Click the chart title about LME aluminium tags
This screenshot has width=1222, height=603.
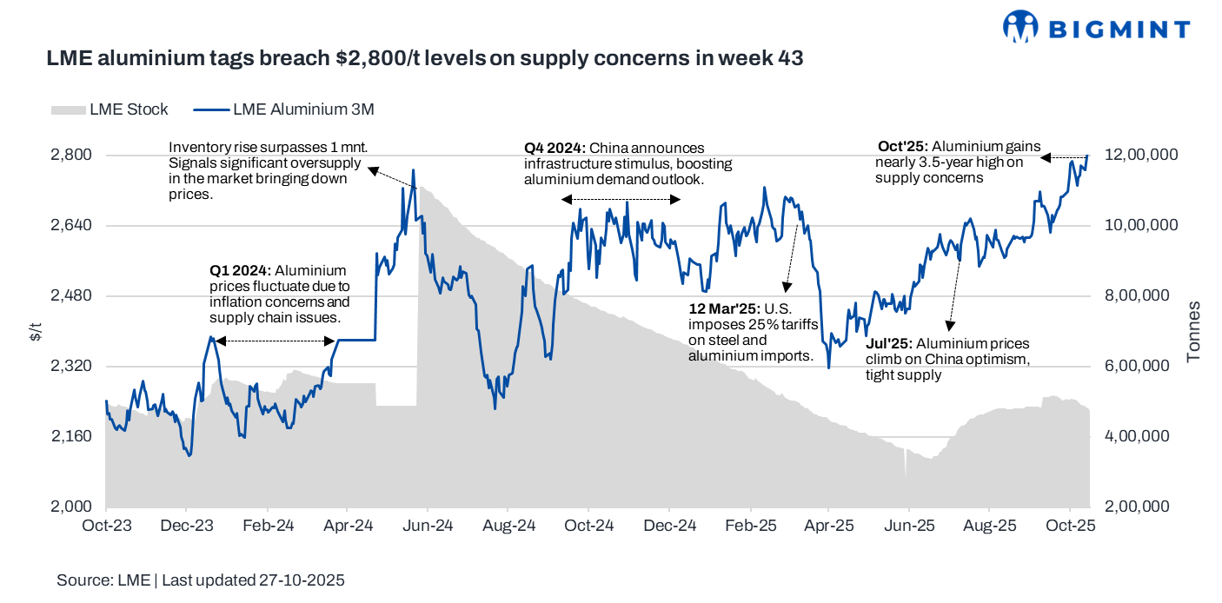click(424, 59)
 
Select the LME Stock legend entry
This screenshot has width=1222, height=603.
click(110, 109)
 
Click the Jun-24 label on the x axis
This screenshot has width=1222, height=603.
click(428, 526)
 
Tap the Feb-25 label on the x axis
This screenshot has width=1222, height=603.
click(749, 526)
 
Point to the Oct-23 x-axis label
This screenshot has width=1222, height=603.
click(106, 526)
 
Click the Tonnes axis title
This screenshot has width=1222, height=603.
click(1193, 331)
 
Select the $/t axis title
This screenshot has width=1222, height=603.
click(36, 331)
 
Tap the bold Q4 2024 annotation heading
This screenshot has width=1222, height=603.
click(555, 149)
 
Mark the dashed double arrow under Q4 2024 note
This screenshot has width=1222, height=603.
click(621, 200)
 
